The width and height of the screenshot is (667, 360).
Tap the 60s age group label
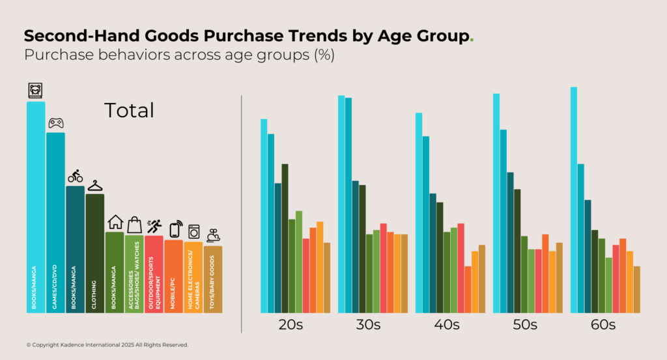(603, 325)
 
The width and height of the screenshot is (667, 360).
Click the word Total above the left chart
(129, 111)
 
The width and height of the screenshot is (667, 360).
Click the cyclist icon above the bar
(75, 176)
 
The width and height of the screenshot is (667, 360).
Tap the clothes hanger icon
(95, 186)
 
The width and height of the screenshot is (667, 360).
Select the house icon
(115, 222)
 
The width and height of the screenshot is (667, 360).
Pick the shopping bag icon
(134, 225)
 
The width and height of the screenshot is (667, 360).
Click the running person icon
(154, 226)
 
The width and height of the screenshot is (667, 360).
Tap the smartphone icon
(175, 229)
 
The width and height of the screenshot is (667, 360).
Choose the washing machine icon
(193, 232)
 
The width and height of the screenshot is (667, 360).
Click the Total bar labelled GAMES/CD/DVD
(55, 221)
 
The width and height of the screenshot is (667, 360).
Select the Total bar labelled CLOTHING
(95, 254)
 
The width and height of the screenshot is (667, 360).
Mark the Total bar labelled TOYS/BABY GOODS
(213, 280)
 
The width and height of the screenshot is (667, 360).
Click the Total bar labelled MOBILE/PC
(174, 277)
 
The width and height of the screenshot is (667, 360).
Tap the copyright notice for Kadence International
(107, 344)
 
